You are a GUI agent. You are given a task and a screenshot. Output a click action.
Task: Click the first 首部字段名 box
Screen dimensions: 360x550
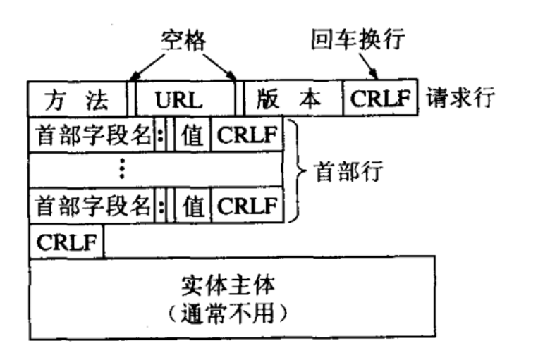[92, 135]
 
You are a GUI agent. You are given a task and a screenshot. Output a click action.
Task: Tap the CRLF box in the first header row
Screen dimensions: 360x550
[247, 135]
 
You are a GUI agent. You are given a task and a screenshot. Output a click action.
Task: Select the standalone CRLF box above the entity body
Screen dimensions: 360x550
[66, 242]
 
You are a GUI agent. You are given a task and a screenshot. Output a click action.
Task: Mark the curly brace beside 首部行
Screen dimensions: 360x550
[297, 170]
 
